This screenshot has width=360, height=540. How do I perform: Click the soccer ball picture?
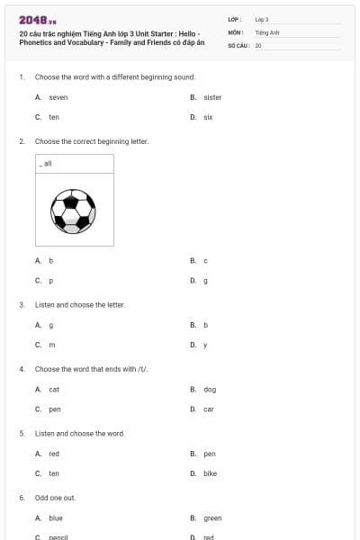74,210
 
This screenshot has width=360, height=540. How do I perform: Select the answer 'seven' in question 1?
58,97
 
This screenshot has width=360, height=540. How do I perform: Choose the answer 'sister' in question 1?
212,97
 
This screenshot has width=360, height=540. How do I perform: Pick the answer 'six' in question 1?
208,117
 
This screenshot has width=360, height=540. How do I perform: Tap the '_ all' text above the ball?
46,164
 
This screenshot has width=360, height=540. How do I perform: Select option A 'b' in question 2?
51,261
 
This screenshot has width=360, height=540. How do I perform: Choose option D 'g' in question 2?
206,281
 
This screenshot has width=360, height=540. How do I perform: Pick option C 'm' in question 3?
52,345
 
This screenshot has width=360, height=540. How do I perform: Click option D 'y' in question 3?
205,345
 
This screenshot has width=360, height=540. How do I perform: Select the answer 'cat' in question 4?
54,390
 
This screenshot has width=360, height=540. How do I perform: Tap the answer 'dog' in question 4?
210,390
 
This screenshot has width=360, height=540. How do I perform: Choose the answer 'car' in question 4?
209,409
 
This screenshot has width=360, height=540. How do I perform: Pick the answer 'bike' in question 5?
210,473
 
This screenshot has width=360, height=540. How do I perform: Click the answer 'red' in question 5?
54,454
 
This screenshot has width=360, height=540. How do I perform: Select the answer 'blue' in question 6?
56,518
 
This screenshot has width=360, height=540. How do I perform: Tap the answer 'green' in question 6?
212,518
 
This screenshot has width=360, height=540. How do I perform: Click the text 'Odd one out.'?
55,498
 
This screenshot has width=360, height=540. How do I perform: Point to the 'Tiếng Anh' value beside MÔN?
267,31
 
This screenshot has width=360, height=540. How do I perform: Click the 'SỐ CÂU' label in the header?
238,44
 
